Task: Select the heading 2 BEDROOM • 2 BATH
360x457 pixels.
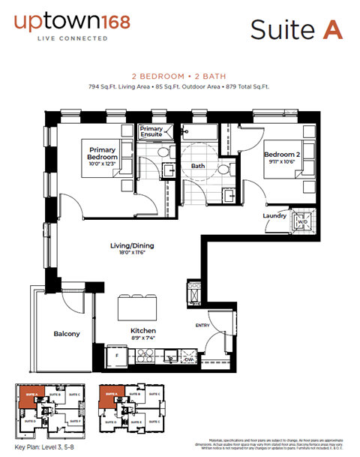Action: coord(179,76)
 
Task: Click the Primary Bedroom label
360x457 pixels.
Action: coord(103,153)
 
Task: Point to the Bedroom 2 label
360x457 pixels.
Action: coord(282,156)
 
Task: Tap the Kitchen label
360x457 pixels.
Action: coord(143,330)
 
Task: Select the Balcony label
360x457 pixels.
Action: coord(67,333)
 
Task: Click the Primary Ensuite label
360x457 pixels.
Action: coord(151,133)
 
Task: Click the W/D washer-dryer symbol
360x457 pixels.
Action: coord(303,222)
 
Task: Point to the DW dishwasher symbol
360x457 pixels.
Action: coord(188,359)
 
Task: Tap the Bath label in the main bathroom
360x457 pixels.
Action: coord(198,166)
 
